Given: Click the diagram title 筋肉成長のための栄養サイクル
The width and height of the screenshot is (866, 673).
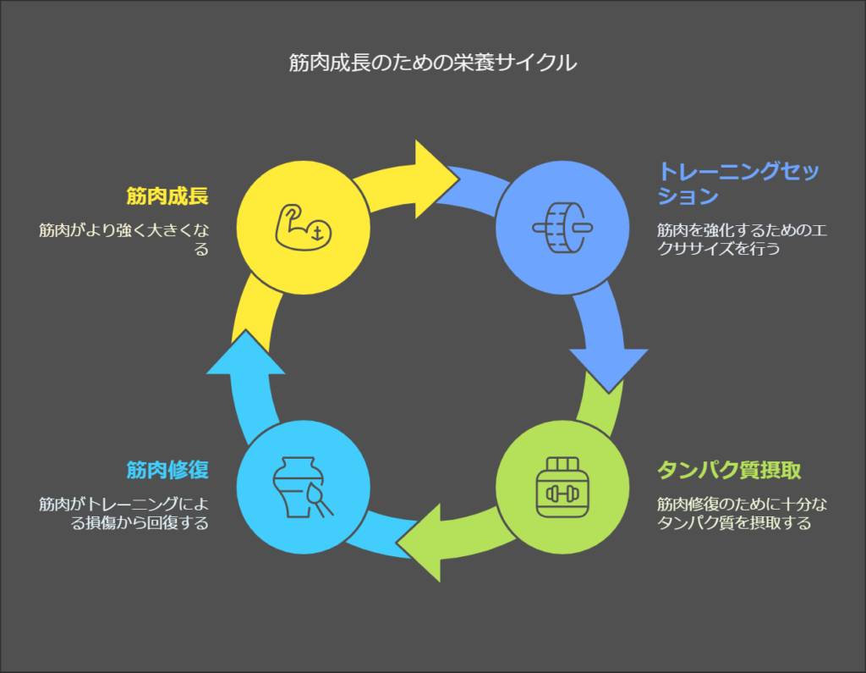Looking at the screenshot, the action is click(x=432, y=62).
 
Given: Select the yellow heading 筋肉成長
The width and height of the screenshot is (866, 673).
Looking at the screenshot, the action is click(x=167, y=196).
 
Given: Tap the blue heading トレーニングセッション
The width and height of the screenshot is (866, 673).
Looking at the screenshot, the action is click(x=737, y=183).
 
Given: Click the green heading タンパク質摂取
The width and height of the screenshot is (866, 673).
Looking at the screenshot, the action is click(x=729, y=470).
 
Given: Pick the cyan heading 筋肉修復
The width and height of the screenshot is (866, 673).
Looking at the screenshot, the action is click(x=167, y=470).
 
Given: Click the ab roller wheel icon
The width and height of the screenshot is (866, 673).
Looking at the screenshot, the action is click(x=562, y=227).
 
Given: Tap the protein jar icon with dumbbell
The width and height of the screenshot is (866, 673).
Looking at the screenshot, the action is click(x=562, y=488).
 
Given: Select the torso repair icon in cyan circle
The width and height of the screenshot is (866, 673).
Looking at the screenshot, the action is click(x=304, y=488).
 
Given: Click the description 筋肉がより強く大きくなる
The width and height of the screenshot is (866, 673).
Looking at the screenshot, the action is click(x=123, y=240).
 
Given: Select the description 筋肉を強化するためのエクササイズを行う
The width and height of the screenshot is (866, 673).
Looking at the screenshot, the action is click(x=742, y=240).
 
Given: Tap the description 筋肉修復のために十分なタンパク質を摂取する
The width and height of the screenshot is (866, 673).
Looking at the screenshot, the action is click(x=742, y=513).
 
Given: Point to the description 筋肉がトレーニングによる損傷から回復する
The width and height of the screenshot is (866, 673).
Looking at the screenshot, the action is click(x=123, y=513).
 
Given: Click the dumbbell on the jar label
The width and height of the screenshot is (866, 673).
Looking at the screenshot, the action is click(x=562, y=494).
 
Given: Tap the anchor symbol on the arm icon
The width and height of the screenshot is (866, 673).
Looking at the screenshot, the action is click(x=317, y=234).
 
